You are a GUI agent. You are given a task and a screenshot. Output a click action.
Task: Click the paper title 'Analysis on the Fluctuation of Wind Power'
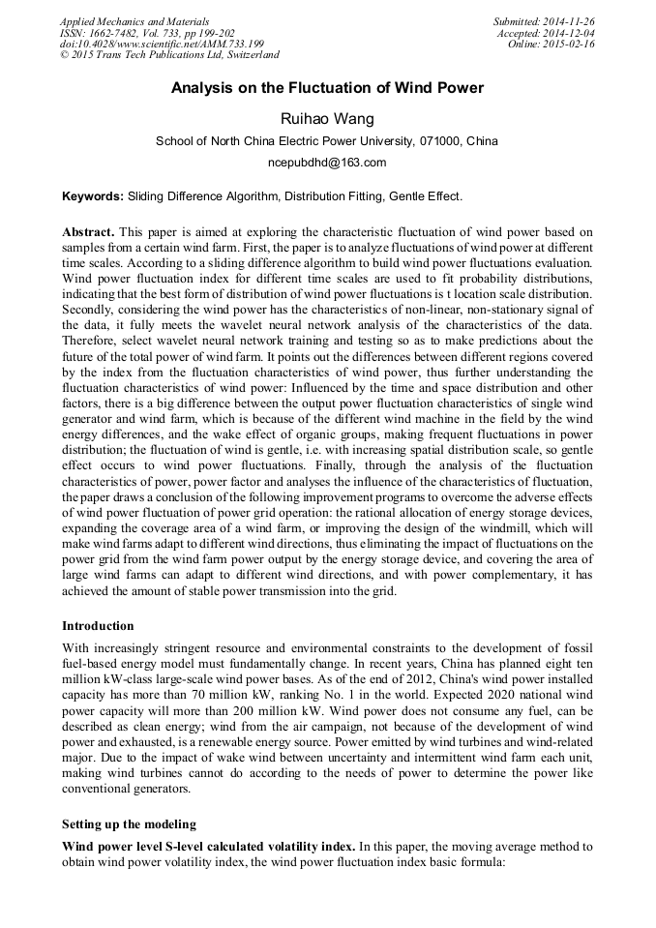click(x=327, y=88)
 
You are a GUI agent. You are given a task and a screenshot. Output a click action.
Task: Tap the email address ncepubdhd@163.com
click(x=327, y=163)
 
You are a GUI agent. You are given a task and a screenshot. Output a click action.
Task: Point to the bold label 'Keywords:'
click(x=92, y=196)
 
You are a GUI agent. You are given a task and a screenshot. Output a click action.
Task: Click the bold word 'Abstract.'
click(x=89, y=233)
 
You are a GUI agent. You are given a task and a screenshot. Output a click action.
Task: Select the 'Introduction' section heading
click(x=98, y=626)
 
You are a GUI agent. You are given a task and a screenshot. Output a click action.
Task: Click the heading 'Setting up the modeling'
click(x=130, y=824)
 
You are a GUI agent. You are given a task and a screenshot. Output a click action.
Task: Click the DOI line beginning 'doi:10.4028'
click(x=162, y=45)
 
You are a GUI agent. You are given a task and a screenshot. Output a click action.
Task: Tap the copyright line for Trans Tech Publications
click(x=169, y=56)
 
